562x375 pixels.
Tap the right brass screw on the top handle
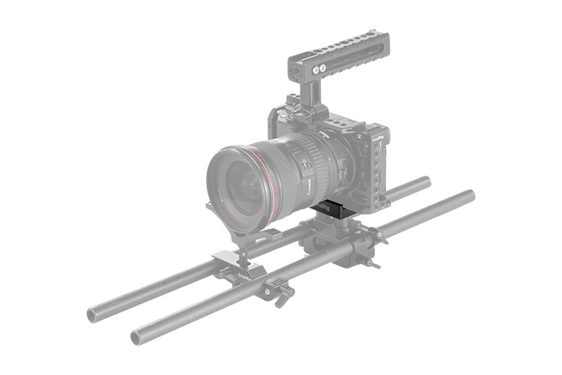click(x=324, y=66)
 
